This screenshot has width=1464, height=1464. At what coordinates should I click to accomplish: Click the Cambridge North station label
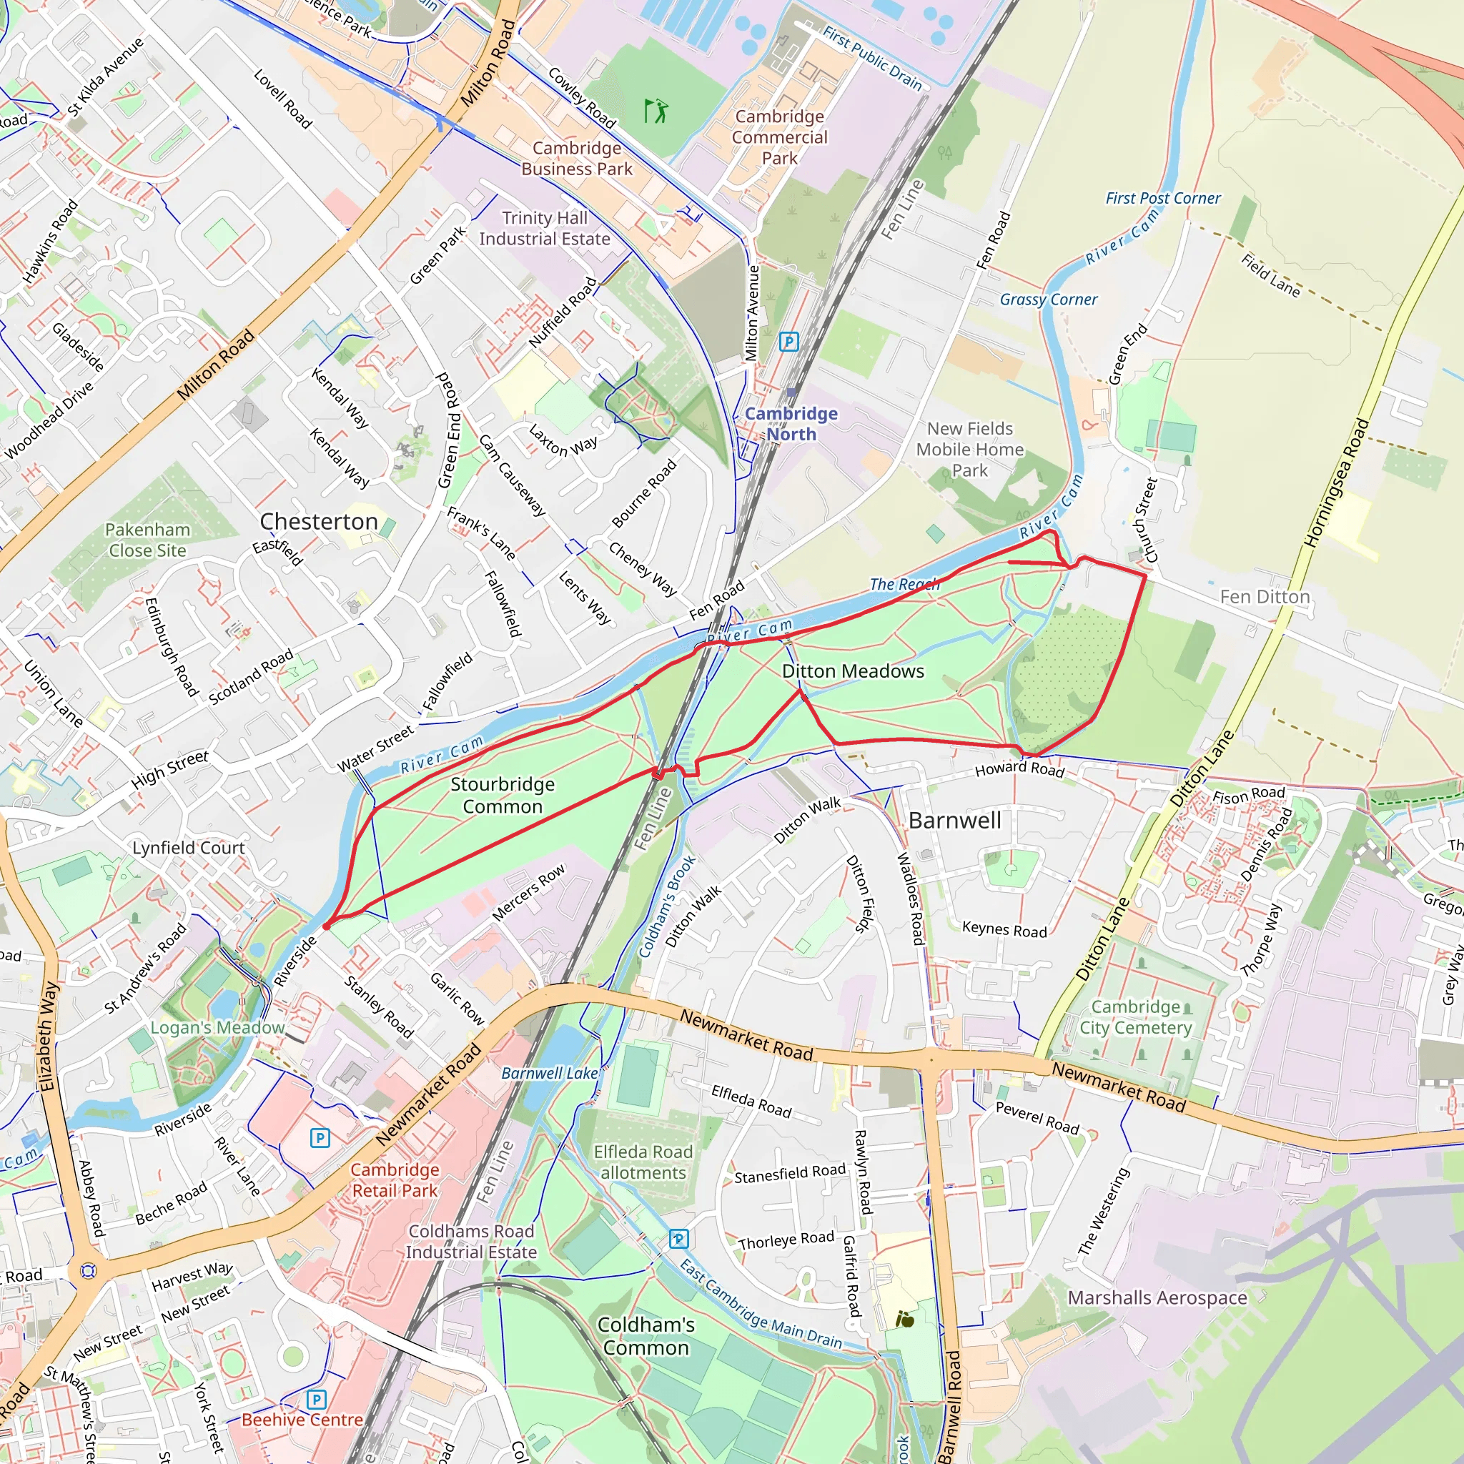[x=791, y=424]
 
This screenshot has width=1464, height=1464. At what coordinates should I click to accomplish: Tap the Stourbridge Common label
[x=503, y=795]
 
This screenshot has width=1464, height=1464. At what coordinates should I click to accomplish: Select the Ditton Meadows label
[x=853, y=671]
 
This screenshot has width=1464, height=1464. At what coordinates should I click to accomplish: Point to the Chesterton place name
[x=318, y=521]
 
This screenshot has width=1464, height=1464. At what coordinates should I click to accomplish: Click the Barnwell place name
[x=955, y=820]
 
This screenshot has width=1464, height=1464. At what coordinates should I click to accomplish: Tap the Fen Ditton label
[x=1264, y=597]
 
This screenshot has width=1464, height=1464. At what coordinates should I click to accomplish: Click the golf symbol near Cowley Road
[x=656, y=111]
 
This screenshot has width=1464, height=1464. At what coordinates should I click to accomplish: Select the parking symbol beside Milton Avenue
[x=789, y=341]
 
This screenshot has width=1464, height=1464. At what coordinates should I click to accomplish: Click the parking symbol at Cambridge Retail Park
[x=320, y=1137]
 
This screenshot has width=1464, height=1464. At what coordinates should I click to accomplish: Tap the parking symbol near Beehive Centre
[x=317, y=1400]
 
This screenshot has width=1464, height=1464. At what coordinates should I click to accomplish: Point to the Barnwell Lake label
[x=550, y=1073]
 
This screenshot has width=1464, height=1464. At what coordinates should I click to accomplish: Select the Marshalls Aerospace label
[x=1157, y=1298]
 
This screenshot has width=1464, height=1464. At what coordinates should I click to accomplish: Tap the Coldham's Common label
[x=646, y=1336]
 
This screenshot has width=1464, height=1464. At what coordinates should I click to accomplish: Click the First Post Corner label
[x=1162, y=199]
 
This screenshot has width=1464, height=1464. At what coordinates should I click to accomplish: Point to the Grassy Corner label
[x=1048, y=300]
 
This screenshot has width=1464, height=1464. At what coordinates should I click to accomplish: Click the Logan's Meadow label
[x=217, y=1027]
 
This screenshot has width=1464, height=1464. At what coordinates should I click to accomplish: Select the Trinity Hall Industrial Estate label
[x=544, y=228]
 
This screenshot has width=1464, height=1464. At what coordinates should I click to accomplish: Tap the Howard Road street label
[x=1019, y=769]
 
